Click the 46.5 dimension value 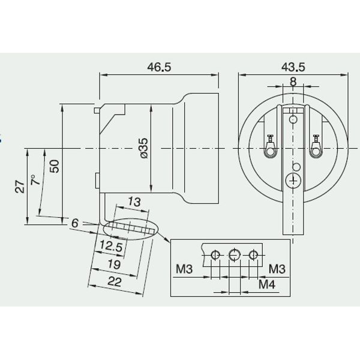(x=159, y=68)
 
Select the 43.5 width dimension (x=292, y=68)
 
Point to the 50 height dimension (x=55, y=166)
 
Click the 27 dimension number (x=19, y=185)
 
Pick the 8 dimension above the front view (x=292, y=82)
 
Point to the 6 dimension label (x=75, y=223)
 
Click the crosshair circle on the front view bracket (x=293, y=179)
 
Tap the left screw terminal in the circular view (x=269, y=145)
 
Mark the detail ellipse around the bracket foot (x=129, y=228)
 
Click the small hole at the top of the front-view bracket (x=293, y=121)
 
